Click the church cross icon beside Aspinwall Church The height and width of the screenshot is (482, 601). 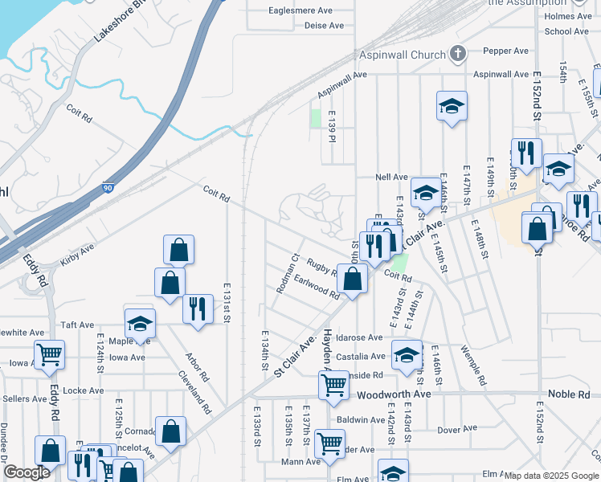tap(457, 55)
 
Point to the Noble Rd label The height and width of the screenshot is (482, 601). tap(569, 394)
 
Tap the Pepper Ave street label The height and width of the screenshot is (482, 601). tap(506, 51)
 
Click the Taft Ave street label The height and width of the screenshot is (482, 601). tap(78, 325)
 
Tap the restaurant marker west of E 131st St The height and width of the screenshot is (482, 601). tap(197, 308)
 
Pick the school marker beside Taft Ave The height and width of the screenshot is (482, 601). tap(140, 323)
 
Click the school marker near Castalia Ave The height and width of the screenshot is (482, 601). tap(407, 353)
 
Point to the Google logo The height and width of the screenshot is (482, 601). tap(27, 472)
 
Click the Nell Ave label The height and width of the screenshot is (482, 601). tap(392, 178)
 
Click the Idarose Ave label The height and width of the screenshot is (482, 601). tap(359, 337)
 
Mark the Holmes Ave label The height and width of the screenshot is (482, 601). tap(567, 16)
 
